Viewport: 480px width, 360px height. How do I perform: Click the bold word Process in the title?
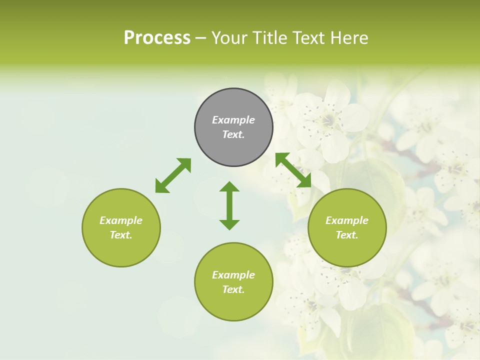click(x=157, y=38)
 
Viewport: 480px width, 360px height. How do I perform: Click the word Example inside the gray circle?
click(x=233, y=120)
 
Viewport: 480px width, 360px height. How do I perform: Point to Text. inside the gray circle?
click(x=233, y=134)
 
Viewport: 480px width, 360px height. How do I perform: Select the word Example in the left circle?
click(x=121, y=220)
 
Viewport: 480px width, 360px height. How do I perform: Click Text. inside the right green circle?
click(x=347, y=235)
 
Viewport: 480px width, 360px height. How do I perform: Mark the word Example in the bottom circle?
click(x=233, y=275)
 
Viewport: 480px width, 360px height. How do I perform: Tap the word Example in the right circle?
click(x=347, y=220)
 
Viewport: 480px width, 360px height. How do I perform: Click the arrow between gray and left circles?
click(x=173, y=175)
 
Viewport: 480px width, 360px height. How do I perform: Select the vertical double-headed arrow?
click(x=229, y=205)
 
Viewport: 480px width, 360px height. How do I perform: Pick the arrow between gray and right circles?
click(x=293, y=170)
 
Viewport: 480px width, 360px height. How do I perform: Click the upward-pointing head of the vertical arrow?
click(x=229, y=186)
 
